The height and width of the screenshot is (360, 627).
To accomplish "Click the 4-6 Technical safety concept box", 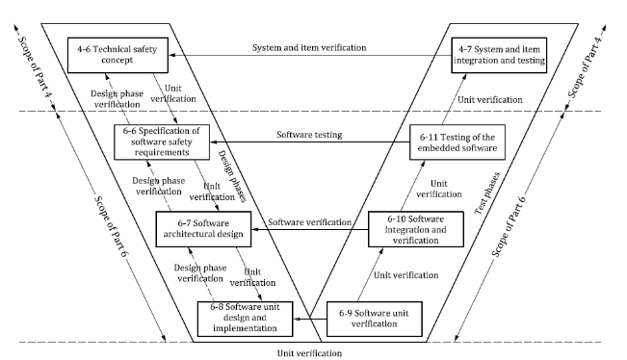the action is pyautogui.click(x=118, y=55).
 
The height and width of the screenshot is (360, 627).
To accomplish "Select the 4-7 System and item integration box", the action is pyautogui.click(x=499, y=55).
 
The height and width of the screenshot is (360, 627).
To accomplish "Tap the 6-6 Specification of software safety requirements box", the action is pyautogui.click(x=162, y=141).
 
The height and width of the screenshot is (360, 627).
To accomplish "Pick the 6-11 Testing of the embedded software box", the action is pyautogui.click(x=457, y=142).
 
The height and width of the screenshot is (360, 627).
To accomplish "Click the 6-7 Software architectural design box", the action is pyautogui.click(x=203, y=229).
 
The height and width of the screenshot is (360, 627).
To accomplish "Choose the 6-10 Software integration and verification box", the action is pyautogui.click(x=415, y=229).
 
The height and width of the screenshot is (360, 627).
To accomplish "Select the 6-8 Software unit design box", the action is pyautogui.click(x=246, y=319).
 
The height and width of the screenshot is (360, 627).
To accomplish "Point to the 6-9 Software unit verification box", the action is pyautogui.click(x=375, y=319).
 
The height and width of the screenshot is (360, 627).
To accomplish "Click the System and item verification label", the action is pyautogui.click(x=309, y=47).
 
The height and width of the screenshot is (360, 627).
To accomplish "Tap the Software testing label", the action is pyautogui.click(x=309, y=135).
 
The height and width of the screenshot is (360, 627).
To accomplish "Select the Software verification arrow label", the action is pyautogui.click(x=309, y=222).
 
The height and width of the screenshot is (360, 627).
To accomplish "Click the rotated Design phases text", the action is pyautogui.click(x=232, y=176).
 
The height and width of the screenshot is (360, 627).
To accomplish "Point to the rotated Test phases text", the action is pyautogui.click(x=487, y=193).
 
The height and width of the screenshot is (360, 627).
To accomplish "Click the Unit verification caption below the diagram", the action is pyautogui.click(x=309, y=353).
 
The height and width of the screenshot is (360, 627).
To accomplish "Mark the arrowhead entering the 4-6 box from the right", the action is pyautogui.click(x=171, y=56).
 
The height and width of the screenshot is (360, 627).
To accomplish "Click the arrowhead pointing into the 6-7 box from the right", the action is pyautogui.click(x=254, y=229).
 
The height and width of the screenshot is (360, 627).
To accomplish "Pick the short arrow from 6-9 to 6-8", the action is pyautogui.click(x=310, y=319).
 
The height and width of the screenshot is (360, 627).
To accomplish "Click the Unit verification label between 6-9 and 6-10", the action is pyautogui.click(x=405, y=275).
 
